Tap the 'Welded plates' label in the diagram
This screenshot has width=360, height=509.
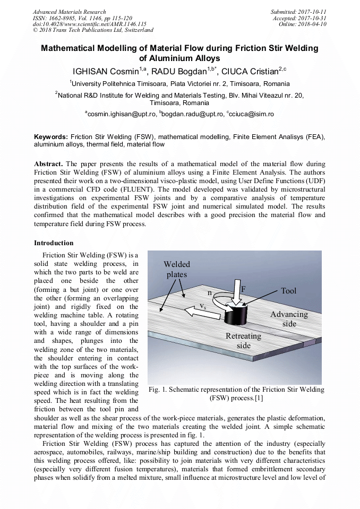point(177,269)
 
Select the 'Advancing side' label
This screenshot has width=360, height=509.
point(289,318)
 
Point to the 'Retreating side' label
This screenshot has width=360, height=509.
point(243,340)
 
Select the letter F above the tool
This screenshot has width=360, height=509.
point(243,289)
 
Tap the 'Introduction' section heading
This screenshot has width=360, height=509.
point(54,243)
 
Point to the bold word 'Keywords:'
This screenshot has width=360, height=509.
point(51,136)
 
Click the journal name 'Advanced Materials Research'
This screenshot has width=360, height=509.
point(69,12)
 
